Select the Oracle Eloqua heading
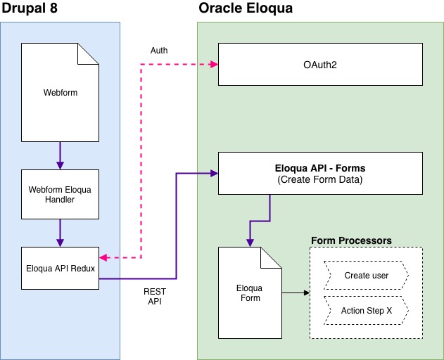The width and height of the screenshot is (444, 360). [244, 9]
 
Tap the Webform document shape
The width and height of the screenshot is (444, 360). [60, 92]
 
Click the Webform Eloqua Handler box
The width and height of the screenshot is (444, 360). [60, 193]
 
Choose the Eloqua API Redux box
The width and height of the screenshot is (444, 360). [60, 268]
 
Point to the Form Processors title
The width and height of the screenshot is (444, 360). [351, 240]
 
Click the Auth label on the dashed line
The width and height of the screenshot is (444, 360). [159, 51]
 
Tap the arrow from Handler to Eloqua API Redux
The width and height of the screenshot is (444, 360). [60, 232]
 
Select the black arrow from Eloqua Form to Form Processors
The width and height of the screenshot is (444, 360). [296, 292]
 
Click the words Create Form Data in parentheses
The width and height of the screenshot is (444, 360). [320, 179]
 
